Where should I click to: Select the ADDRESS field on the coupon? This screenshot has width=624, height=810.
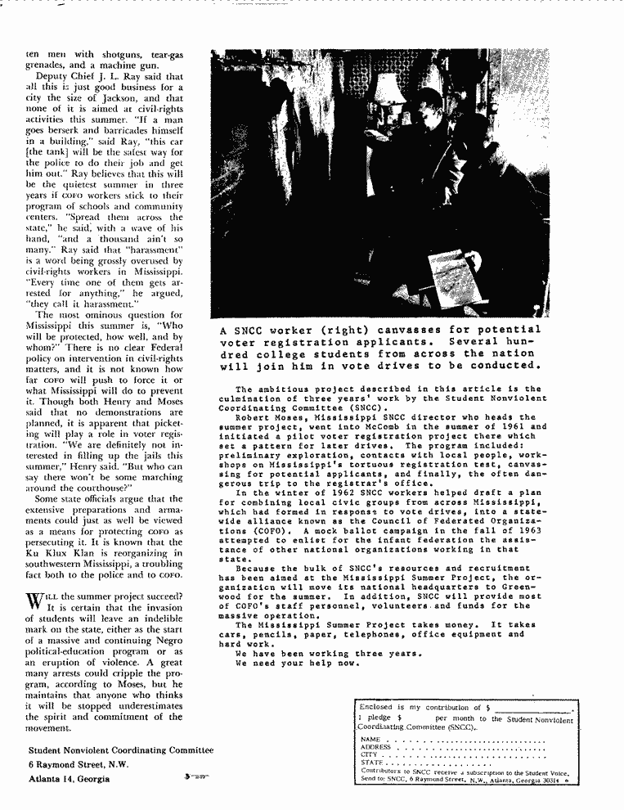(x=466, y=746)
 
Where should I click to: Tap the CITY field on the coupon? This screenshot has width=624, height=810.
(x=458, y=754)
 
